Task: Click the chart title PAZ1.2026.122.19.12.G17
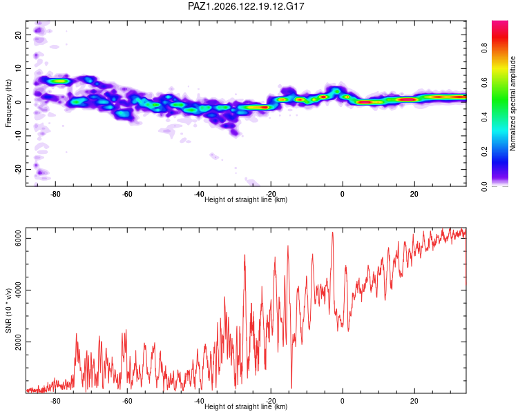coord(246,6)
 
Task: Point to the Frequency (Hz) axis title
coord(8,103)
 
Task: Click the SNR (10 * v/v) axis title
coord(8,310)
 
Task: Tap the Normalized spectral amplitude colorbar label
coord(512,103)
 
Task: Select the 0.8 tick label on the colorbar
coord(484,48)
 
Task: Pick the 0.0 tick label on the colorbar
coord(484,186)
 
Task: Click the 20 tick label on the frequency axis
coord(18,35)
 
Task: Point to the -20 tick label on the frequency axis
coord(18,169)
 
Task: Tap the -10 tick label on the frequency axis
coord(18,136)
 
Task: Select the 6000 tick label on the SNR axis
coord(18,238)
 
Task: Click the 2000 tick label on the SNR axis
coord(18,342)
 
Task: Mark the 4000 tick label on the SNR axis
coord(18,290)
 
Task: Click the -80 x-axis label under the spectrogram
coord(55,194)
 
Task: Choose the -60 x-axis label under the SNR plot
coord(127,401)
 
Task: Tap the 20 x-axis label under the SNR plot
coord(414,401)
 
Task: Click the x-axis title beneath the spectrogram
coord(246,199)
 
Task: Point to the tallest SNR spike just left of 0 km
coord(333,233)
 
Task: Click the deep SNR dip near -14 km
coord(291,388)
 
